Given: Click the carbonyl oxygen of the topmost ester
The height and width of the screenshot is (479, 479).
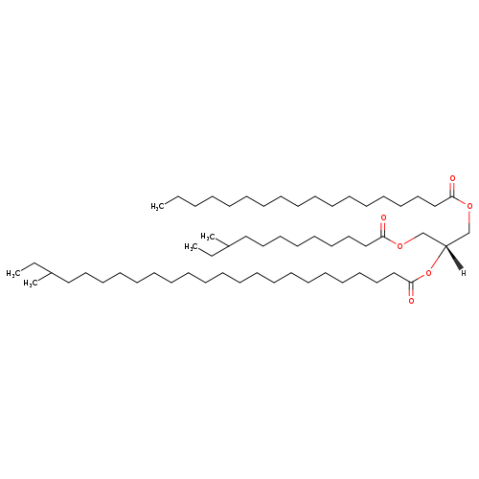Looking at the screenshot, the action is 452,178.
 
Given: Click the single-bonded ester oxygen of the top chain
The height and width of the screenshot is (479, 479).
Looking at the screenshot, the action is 469,206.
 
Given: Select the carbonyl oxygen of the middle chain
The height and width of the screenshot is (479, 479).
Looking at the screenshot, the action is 383,217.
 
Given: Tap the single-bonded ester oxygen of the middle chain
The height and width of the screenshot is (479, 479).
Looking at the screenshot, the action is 400,245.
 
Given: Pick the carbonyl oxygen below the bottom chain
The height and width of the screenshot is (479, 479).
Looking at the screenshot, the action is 411,301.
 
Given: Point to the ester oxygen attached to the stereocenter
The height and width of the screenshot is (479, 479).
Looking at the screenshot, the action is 428,273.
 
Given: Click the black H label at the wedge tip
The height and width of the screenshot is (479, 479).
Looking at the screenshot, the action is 463,273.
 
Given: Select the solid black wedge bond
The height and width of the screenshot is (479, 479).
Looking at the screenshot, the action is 453,257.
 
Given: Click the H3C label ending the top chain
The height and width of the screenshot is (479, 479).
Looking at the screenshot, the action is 158,206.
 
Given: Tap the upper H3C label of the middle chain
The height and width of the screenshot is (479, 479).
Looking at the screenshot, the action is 208,237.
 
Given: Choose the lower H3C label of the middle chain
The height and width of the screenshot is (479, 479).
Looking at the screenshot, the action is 192,247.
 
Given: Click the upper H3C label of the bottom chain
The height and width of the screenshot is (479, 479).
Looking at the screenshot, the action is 13,273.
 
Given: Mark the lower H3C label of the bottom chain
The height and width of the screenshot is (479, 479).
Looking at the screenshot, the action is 30,284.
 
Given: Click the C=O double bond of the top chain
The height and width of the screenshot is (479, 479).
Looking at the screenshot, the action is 452,189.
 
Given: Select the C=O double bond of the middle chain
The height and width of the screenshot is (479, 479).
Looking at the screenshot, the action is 383,229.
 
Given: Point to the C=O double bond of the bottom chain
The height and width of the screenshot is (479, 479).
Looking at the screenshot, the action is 411,289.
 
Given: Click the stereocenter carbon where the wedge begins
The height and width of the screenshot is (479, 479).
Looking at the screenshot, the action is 445,245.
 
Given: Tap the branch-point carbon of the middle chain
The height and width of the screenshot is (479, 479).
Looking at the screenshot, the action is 229,245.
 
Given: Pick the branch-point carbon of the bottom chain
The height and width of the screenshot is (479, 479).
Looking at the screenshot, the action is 51,273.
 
